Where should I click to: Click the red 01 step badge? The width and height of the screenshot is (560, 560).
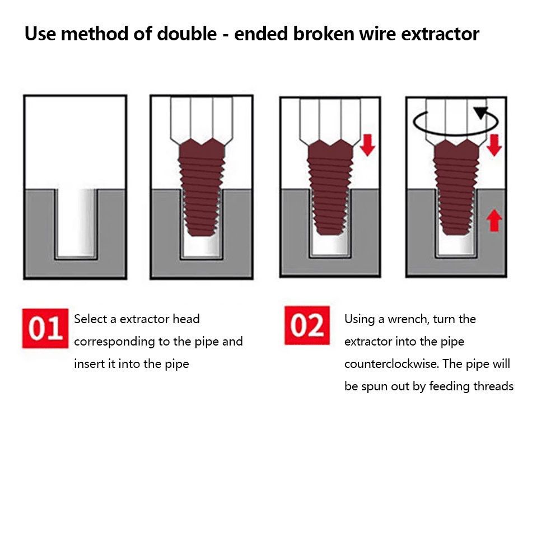pyautogui.click(x=45, y=328)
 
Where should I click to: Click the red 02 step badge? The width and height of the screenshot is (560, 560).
pyautogui.click(x=307, y=325)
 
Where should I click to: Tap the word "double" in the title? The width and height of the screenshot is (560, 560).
pyautogui.click(x=187, y=34)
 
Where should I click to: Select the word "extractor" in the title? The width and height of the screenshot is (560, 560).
pyautogui.click(x=440, y=35)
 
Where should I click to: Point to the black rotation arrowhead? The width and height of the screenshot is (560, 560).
pyautogui.click(x=481, y=113)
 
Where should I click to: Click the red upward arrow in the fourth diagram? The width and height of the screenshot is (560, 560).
pyautogui.click(x=494, y=220)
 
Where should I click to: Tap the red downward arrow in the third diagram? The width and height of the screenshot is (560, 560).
pyautogui.click(x=367, y=145)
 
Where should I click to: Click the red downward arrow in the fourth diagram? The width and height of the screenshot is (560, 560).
pyautogui.click(x=494, y=145)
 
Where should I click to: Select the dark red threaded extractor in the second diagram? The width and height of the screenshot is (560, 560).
pyautogui.click(x=202, y=187)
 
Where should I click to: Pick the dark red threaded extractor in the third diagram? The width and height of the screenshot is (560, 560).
pyautogui.click(x=330, y=187)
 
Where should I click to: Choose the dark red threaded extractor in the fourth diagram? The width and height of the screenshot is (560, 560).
pyautogui.click(x=456, y=187)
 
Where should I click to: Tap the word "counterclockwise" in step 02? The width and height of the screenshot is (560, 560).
pyautogui.click(x=391, y=364)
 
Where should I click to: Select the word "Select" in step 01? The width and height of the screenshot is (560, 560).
pyautogui.click(x=91, y=319)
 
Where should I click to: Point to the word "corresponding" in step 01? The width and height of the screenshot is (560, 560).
pyautogui.click(x=115, y=342)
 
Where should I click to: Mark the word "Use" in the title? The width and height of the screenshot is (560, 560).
pyautogui.click(x=40, y=34)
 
